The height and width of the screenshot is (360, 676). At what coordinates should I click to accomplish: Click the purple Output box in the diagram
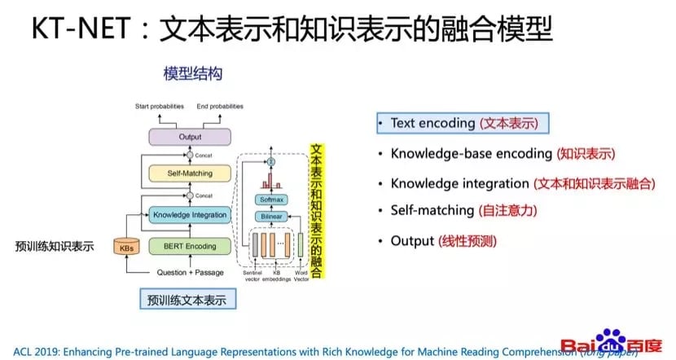point(189,137)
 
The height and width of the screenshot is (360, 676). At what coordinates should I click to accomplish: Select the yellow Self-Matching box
point(189,173)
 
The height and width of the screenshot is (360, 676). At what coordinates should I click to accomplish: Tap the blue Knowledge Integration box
point(189,215)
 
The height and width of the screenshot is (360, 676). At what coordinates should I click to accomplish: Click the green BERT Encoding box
point(189,246)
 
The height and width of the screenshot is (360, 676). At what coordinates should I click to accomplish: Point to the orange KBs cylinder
point(127,246)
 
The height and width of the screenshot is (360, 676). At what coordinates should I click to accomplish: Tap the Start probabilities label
point(160,107)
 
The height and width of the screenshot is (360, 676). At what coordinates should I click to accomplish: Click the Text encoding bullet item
point(462,123)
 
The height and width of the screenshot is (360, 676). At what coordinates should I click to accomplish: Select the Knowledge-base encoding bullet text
point(503,153)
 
